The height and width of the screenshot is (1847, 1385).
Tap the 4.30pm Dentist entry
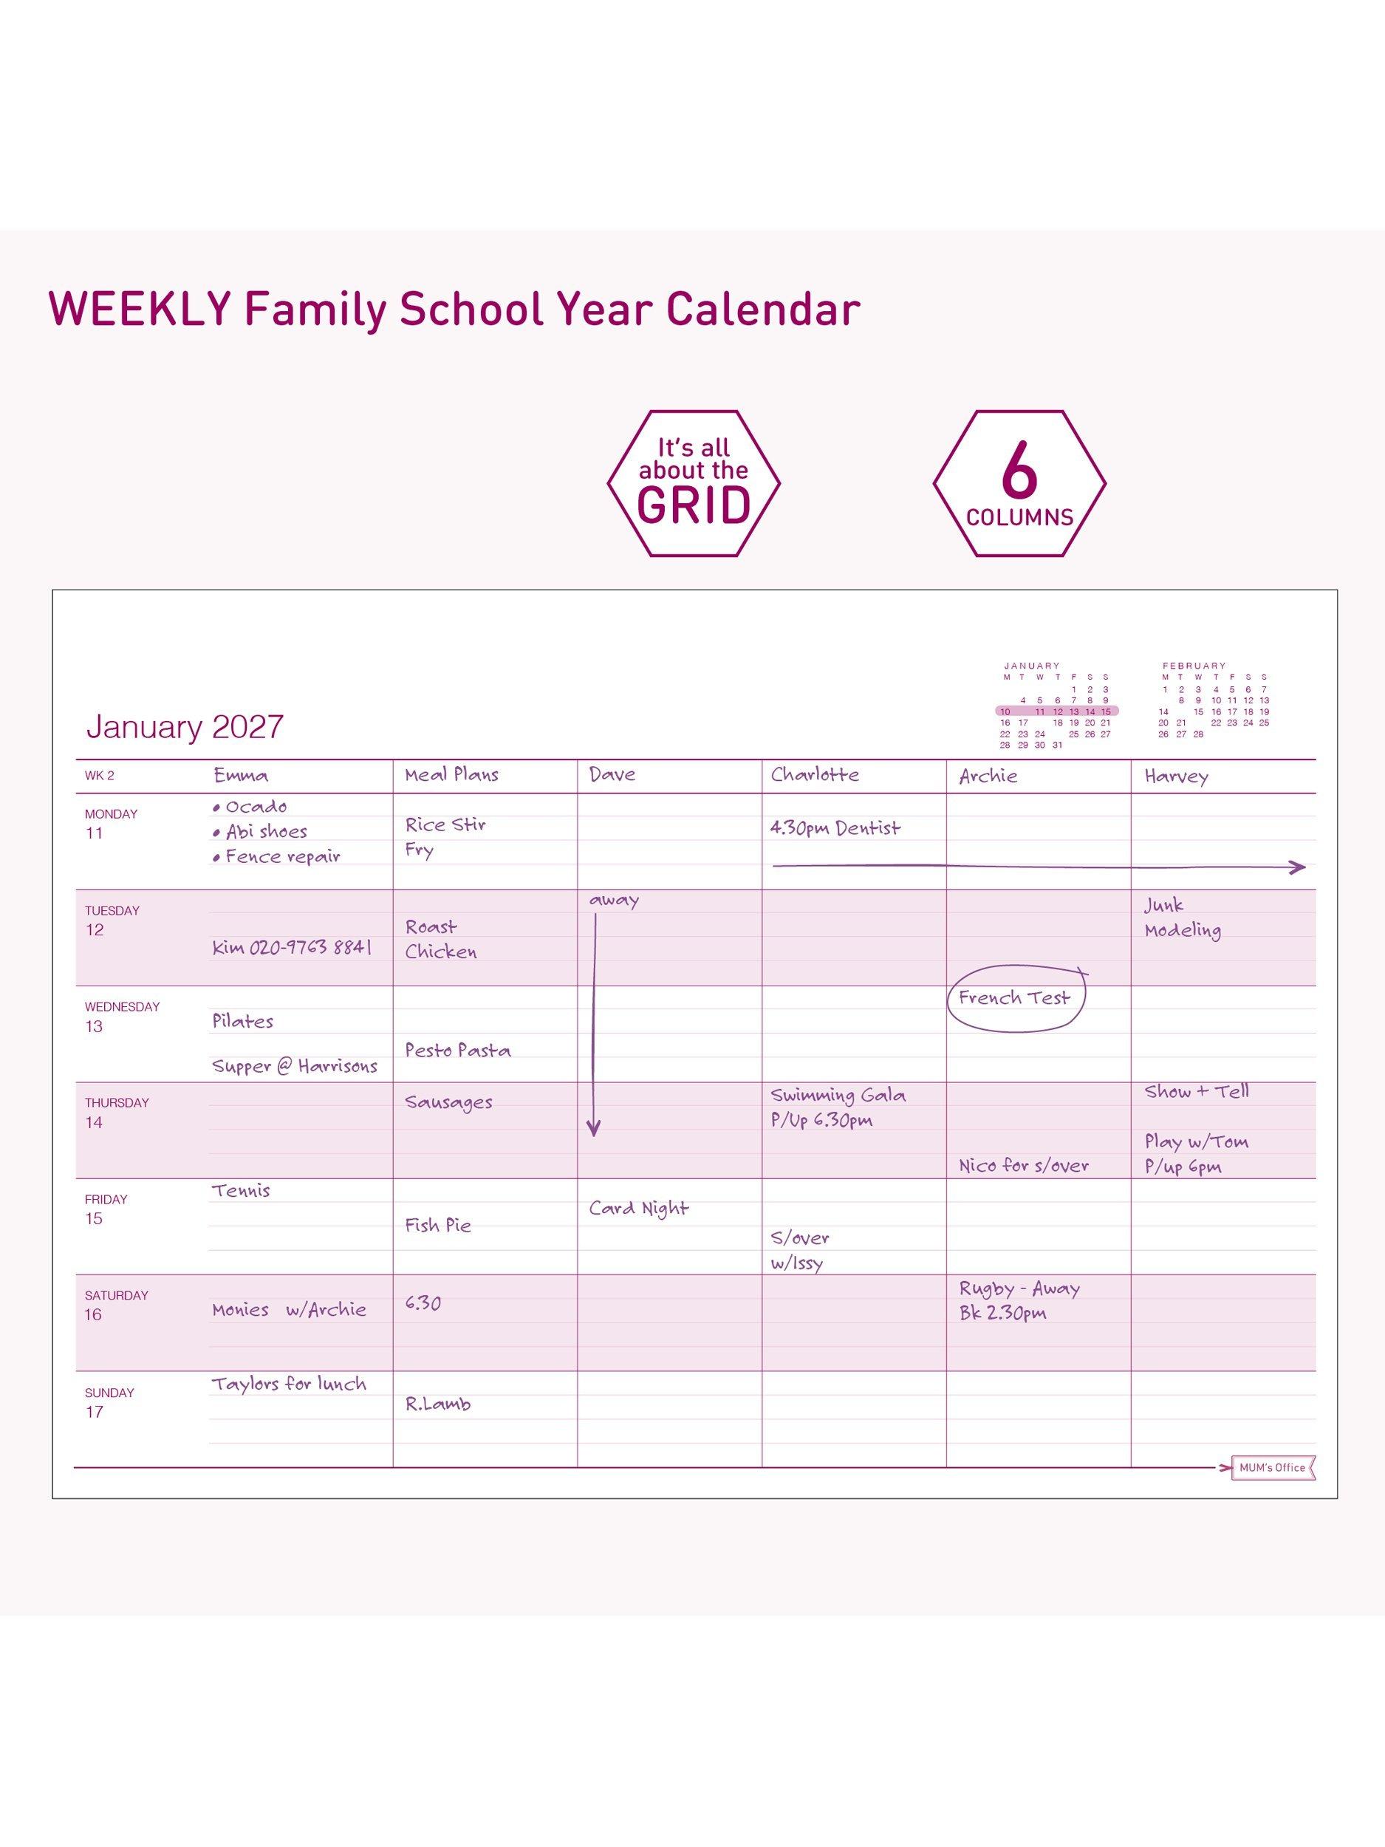point(835,828)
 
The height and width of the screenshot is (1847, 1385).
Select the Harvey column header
point(1175,776)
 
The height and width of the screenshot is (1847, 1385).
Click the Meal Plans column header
point(451,775)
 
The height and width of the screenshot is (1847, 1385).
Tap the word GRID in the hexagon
point(693,505)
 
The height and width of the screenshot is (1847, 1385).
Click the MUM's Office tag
point(1272,1467)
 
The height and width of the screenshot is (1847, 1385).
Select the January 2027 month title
point(185,726)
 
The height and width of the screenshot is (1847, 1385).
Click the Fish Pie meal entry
point(438,1225)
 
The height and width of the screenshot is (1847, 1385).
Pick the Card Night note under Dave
point(639,1208)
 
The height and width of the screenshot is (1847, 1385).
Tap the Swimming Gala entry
point(838,1095)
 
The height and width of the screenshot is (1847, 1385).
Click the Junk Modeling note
point(1182,918)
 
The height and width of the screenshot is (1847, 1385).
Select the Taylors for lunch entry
point(289,1385)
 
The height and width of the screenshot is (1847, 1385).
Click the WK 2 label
point(99,776)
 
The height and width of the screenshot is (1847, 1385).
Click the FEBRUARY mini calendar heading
point(1194,666)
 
